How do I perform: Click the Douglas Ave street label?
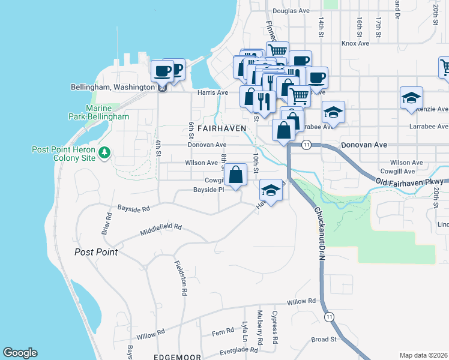291,11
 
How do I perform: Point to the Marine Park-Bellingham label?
107,112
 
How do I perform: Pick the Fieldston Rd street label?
179,277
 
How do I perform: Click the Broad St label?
324,340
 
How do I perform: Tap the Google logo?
20,353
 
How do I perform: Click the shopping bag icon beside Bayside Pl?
237,175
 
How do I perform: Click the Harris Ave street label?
213,93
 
